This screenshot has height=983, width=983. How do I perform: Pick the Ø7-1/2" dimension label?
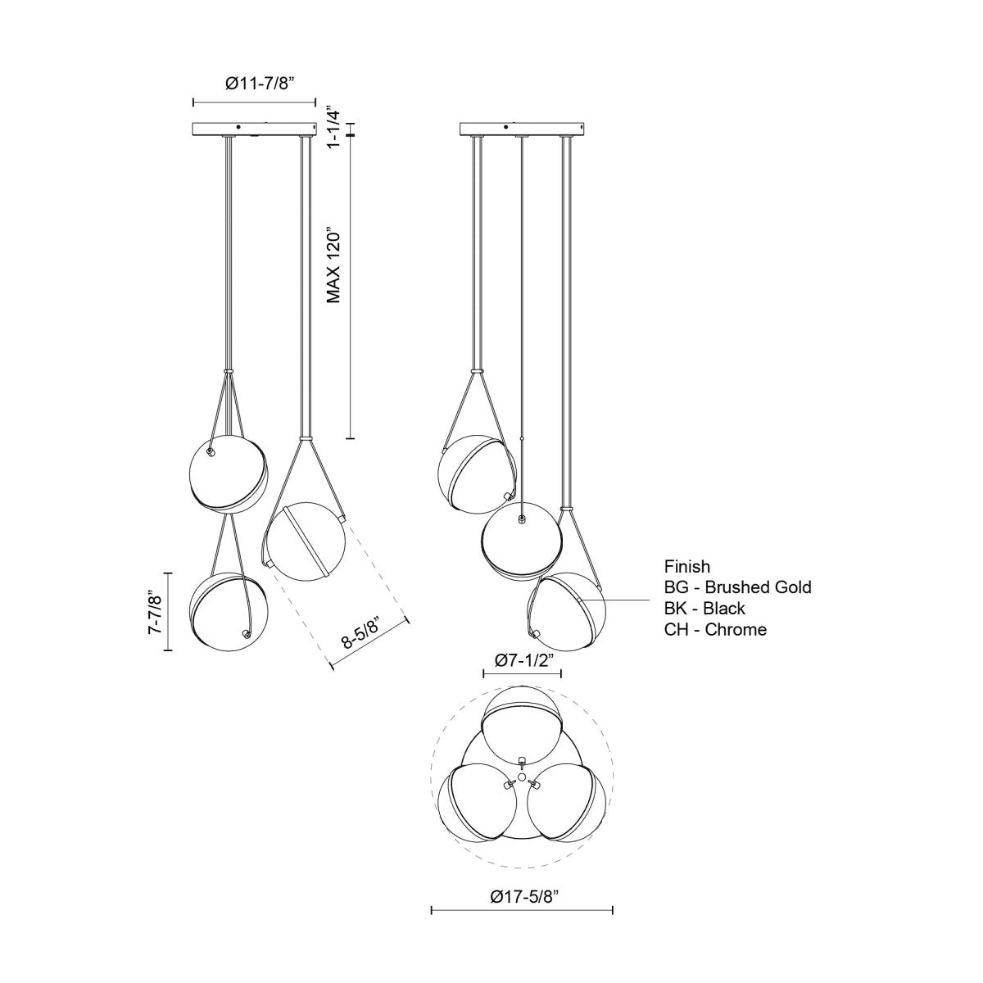point(522,659)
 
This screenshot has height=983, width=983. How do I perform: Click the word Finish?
point(687,566)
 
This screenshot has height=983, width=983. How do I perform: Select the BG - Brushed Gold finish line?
point(737,587)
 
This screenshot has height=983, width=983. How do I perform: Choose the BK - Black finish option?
point(704,609)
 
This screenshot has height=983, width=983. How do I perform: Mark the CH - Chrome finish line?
point(715,630)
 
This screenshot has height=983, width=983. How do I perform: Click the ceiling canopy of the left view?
point(254,129)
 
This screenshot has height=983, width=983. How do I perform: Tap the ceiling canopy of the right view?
point(523,129)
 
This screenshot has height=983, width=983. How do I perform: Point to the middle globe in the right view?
point(522,541)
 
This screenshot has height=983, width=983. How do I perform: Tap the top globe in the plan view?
point(522,725)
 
